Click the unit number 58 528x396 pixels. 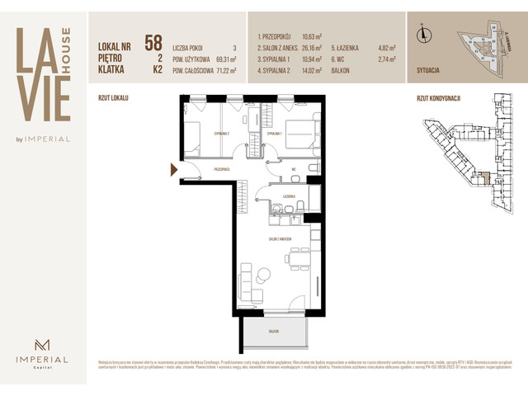pos(153,42)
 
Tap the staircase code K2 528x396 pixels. pos(156,70)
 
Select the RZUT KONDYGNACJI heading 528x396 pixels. pos(438,97)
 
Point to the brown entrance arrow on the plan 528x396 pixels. pos(173,170)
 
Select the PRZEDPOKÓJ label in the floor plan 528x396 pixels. pos(220,168)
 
